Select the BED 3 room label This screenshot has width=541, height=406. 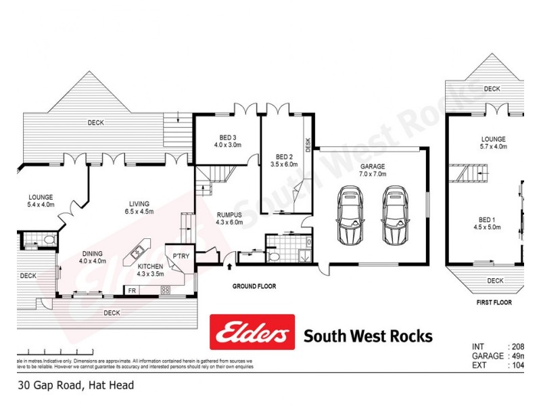[225, 141]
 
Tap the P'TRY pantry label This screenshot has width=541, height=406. [181, 256]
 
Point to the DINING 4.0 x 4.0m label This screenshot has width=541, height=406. [92, 256]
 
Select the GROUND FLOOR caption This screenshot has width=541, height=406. [254, 287]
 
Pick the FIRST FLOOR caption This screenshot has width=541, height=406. [494, 302]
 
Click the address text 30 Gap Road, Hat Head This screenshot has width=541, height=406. [76, 385]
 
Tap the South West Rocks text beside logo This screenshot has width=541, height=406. [368, 336]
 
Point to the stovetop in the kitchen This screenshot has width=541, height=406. [166, 290]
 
